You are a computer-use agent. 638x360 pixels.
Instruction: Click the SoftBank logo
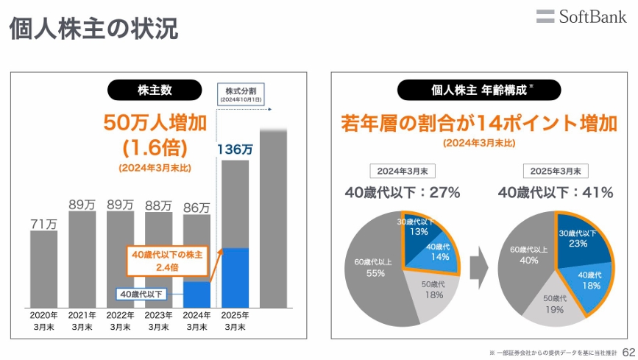pyautogui.click(x=581, y=15)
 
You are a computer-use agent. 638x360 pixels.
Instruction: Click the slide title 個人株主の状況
pyautogui.click(x=93, y=29)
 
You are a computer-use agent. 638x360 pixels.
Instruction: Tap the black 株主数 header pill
pyautogui.click(x=155, y=90)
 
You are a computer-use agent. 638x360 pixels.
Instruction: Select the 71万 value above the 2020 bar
pyautogui.click(x=44, y=223)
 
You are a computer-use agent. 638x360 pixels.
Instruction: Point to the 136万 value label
pyautogui.click(x=235, y=149)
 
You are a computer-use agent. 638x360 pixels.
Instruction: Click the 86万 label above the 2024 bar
pyautogui.click(x=196, y=208)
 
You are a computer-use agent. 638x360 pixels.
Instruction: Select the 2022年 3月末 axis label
pyautogui.click(x=121, y=321)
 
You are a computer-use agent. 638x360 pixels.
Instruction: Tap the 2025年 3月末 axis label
pyautogui.click(x=235, y=321)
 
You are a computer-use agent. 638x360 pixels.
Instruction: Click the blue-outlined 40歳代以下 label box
pyautogui.click(x=143, y=294)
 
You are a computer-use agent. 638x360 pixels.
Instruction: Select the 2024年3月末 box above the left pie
pyautogui.click(x=403, y=171)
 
